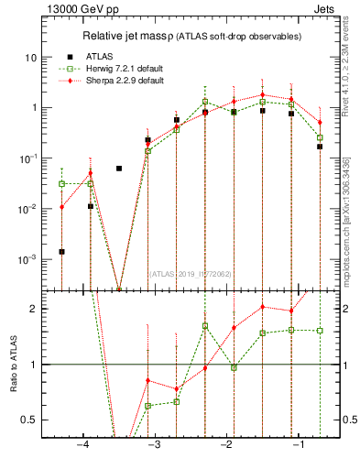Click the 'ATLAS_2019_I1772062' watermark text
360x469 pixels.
coord(191,273)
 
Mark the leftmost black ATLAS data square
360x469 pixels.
coord(61,251)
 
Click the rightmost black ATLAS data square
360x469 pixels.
coord(320,146)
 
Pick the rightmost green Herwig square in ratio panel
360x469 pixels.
coord(320,330)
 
